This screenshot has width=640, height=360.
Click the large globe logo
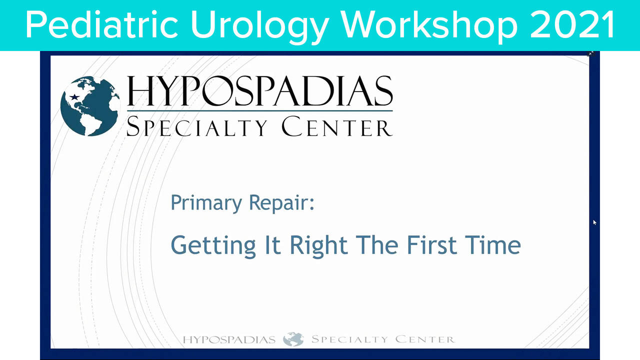click(90, 105)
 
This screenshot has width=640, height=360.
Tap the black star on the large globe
click(75, 96)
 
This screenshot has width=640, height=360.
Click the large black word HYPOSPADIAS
click(259, 90)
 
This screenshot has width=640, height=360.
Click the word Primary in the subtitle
click(204, 203)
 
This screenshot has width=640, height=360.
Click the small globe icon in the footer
click(293, 339)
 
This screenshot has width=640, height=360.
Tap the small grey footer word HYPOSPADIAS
click(229, 340)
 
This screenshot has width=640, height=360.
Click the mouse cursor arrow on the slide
click(595, 222)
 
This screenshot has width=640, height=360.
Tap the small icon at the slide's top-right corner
click(590, 53)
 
